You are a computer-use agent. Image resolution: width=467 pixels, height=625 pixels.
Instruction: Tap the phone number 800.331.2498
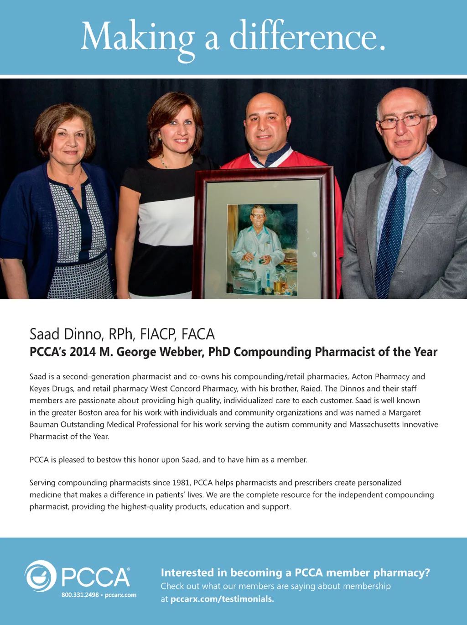[x=80, y=595]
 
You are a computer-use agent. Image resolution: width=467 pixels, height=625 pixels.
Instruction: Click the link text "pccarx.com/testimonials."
[x=222, y=599]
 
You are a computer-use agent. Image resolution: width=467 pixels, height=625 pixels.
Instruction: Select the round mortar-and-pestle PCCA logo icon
[x=41, y=576]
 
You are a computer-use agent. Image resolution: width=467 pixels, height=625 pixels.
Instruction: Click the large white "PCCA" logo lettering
[x=96, y=577]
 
